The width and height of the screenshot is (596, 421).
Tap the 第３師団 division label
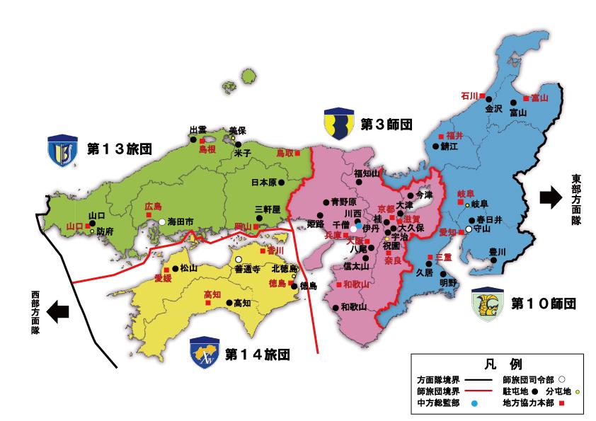click(x=386, y=125)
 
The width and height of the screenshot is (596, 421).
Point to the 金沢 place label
click(x=493, y=110)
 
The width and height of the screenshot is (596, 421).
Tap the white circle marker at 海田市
click(x=162, y=222)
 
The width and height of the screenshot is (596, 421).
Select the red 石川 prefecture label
click(x=469, y=96)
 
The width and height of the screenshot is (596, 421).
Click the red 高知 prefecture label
click(x=212, y=294)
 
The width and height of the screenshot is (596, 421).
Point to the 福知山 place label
click(x=367, y=173)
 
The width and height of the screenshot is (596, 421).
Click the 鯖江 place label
click(x=449, y=146)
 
